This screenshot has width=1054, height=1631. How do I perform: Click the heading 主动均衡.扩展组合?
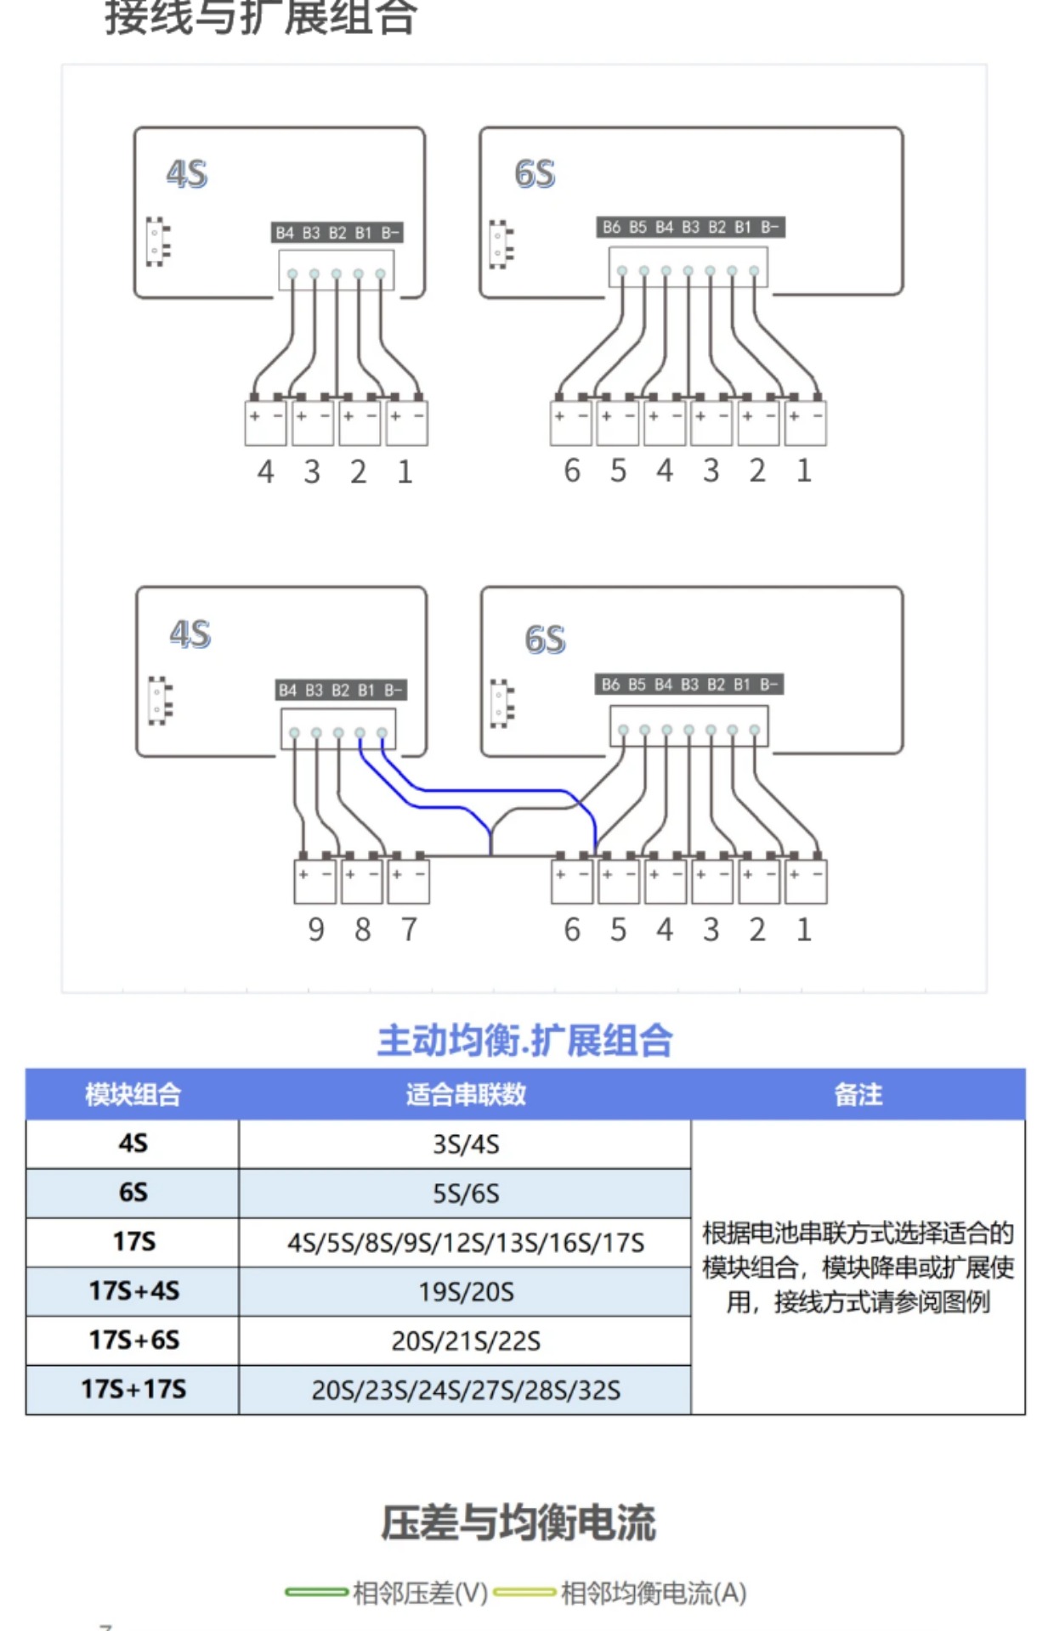tap(524, 1041)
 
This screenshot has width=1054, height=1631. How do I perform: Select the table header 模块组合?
tap(133, 1094)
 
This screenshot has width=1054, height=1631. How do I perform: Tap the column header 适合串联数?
tap(465, 1094)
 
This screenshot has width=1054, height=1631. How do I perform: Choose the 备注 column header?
tap(858, 1094)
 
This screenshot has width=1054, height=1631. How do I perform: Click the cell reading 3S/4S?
tap(465, 1144)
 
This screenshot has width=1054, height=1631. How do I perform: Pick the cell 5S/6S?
tap(465, 1194)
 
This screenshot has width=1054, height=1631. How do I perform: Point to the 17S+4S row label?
tap(133, 1291)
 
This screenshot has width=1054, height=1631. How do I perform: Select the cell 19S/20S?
tap(465, 1292)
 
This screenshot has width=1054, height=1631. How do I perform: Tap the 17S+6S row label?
tap(133, 1340)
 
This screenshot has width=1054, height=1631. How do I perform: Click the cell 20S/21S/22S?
tap(465, 1341)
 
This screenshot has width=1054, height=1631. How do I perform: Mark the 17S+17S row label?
tap(133, 1390)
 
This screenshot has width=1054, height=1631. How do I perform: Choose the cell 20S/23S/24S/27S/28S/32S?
tap(465, 1391)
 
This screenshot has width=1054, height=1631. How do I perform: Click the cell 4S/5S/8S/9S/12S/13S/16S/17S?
tap(465, 1243)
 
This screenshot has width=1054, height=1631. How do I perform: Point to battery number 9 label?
tap(315, 930)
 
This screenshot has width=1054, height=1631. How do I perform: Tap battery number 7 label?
tap(409, 930)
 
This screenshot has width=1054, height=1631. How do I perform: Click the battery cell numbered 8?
tap(362, 882)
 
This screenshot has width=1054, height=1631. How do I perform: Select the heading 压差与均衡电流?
tap(518, 1522)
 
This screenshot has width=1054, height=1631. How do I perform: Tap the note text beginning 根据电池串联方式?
tap(858, 1267)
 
